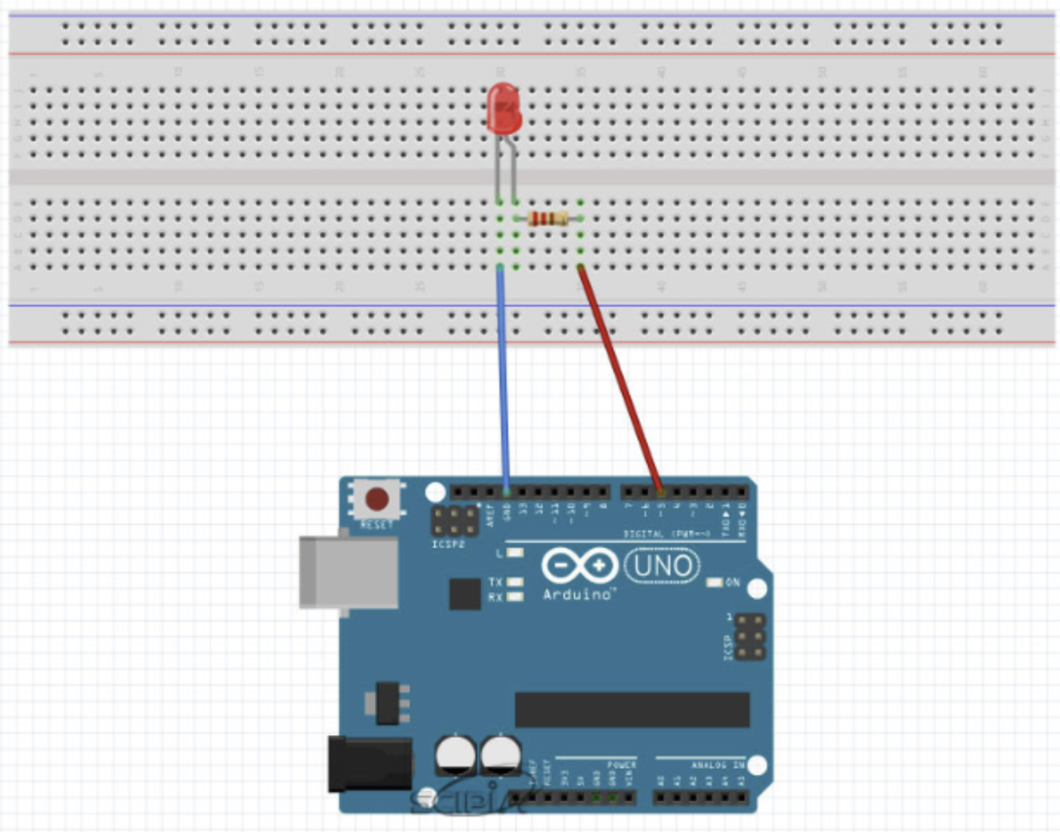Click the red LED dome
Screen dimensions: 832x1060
pos(504,107)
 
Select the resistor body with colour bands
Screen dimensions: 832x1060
pos(548,218)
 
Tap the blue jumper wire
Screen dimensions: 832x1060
pos(503,379)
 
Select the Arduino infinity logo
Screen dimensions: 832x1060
pos(580,565)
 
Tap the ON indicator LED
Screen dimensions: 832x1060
pos(715,582)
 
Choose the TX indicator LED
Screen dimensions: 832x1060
pos(515,582)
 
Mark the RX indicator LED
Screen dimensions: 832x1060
pos(515,596)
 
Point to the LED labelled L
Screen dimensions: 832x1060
pos(515,553)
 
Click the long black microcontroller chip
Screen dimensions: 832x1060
pos(632,710)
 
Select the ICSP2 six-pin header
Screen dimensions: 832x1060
pos(455,521)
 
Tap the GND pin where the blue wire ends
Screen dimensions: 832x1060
pos(506,492)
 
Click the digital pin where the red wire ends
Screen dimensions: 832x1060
pos(661,492)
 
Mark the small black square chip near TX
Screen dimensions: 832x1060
pos(465,593)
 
